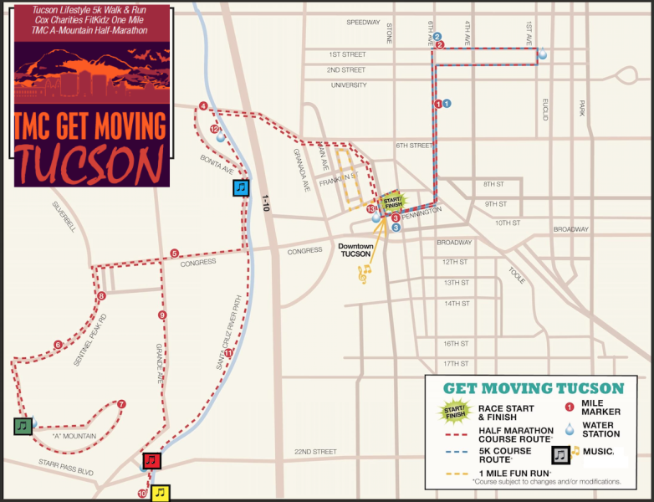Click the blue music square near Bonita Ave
point(241,187)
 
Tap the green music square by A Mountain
point(23,426)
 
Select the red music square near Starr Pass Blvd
point(151,460)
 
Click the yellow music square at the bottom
point(160,493)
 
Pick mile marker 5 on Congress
point(175,254)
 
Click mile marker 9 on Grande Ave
point(162,315)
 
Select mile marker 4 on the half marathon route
point(203,106)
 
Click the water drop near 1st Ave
point(543,54)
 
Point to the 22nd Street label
point(315,452)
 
